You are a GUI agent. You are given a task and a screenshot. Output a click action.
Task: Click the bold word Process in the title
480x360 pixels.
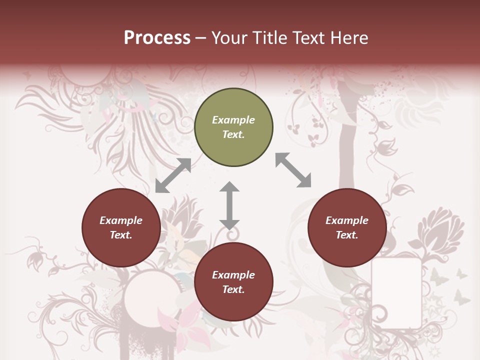[157, 38]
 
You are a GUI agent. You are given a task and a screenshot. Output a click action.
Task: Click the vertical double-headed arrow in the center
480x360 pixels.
[229, 206]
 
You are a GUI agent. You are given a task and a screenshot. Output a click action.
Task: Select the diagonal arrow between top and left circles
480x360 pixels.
[173, 175]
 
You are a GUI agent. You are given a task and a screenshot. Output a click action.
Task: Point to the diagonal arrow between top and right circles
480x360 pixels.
[293, 170]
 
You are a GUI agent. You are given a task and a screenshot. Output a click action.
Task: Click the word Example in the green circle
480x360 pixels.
[233, 120]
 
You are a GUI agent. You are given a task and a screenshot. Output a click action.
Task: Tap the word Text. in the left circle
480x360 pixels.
[121, 235]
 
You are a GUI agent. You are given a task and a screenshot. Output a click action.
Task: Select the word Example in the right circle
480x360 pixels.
[347, 220]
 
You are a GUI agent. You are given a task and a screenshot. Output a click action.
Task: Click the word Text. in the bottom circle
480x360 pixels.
[233, 289]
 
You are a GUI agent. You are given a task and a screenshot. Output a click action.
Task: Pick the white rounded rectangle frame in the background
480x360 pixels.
[396, 292]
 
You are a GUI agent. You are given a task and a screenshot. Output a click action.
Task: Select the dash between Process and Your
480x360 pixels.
[201, 38]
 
